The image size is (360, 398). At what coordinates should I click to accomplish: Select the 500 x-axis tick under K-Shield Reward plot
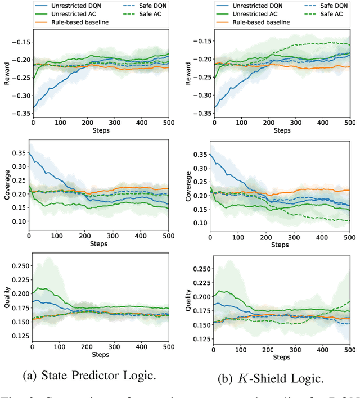pos(348,123)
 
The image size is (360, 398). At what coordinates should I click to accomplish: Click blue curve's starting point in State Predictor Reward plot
pos(33,107)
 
